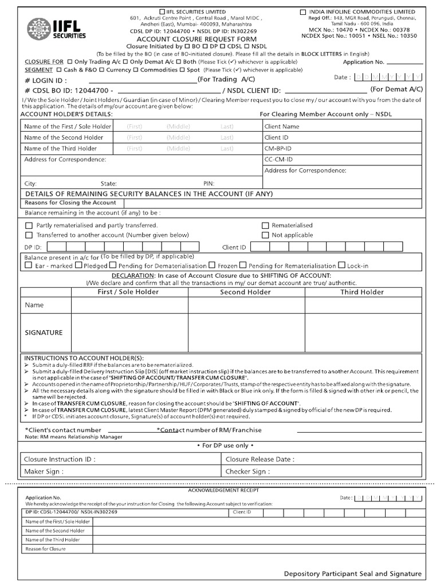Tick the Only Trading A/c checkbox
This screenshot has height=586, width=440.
click(70, 62)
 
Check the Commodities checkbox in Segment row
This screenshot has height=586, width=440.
click(136, 70)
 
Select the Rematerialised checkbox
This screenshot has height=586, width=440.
click(265, 225)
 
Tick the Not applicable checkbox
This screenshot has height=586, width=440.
click(265, 235)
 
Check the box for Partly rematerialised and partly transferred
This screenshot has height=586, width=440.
click(29, 225)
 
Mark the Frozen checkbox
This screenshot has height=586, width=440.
click(212, 266)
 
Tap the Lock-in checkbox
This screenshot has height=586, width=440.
click(342, 266)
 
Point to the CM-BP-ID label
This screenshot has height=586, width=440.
click(278, 148)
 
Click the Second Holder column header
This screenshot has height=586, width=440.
click(245, 292)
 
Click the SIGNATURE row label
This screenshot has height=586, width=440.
click(44, 332)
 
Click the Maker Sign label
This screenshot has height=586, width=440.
click(44, 472)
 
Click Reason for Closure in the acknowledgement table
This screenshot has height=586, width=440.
click(46, 549)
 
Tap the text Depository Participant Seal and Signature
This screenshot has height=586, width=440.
click(352, 573)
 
